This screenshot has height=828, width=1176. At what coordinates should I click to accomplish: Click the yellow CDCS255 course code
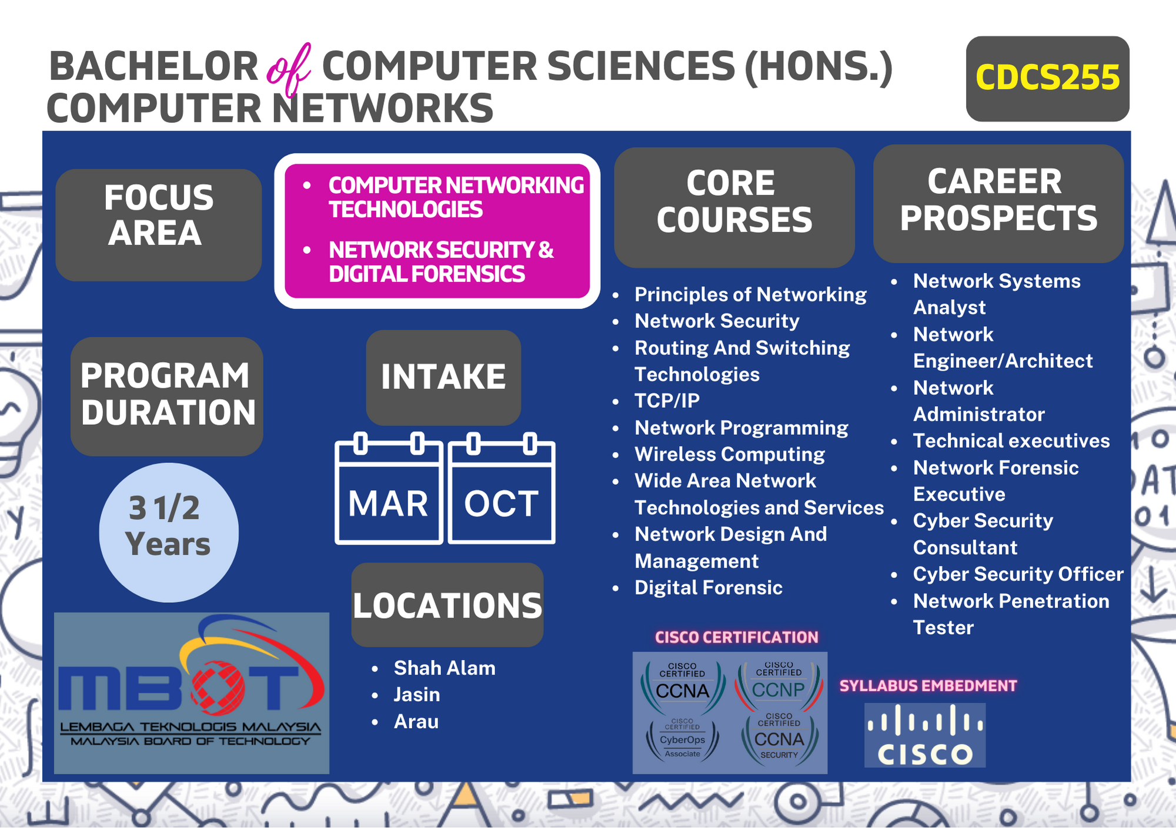point(1047,78)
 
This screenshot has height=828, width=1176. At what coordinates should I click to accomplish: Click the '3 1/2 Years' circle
point(169,532)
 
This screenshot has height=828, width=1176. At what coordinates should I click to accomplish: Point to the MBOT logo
point(192,693)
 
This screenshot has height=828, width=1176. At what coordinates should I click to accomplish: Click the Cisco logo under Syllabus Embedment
point(925,735)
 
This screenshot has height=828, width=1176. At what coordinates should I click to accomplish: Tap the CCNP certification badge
point(779,685)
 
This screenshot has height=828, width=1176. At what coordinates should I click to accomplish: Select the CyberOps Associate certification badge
point(682,739)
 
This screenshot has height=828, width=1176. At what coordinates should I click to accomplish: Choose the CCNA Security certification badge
point(779,738)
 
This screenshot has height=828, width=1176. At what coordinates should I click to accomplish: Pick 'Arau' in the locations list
point(416,722)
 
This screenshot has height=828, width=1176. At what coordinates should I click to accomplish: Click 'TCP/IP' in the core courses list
point(667,401)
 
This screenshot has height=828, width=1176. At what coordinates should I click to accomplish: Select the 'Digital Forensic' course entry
point(709,588)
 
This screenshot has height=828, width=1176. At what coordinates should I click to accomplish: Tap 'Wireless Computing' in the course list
point(730,454)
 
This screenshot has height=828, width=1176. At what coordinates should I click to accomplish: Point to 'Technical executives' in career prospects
point(1011,441)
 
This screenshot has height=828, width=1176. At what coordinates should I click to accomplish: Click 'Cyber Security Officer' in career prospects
point(1018,574)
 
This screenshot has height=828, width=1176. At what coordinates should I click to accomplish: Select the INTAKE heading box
point(443,377)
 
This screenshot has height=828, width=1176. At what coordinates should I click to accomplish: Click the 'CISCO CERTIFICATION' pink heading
point(737,637)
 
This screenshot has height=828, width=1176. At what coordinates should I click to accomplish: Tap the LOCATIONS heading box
point(447,605)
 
